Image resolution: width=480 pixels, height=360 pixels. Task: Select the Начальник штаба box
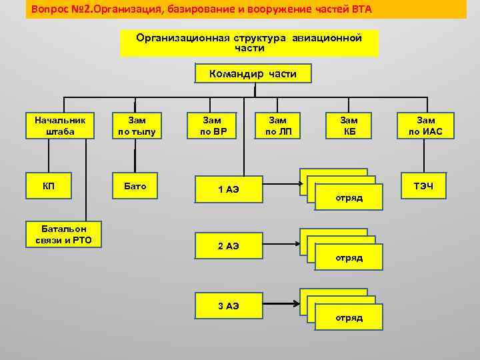coord(60,126)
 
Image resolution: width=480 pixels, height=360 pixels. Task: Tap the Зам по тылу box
coord(137,126)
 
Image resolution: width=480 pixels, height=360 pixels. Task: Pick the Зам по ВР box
coord(215,126)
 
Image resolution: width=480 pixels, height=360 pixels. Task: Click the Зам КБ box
coord(349,126)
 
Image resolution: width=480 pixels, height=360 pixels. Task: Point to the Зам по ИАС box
coord(425,126)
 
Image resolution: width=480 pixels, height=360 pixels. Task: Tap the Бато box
coord(136,186)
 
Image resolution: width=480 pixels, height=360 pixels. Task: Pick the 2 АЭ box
coord(228,246)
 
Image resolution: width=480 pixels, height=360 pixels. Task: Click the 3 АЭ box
coord(228,306)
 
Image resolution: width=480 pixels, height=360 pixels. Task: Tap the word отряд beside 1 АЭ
coord(349,198)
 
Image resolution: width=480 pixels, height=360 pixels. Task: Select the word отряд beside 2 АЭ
coord(349,257)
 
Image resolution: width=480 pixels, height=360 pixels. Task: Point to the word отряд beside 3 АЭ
coord(349,317)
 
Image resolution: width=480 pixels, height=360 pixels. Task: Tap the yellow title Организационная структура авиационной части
coord(249,43)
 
